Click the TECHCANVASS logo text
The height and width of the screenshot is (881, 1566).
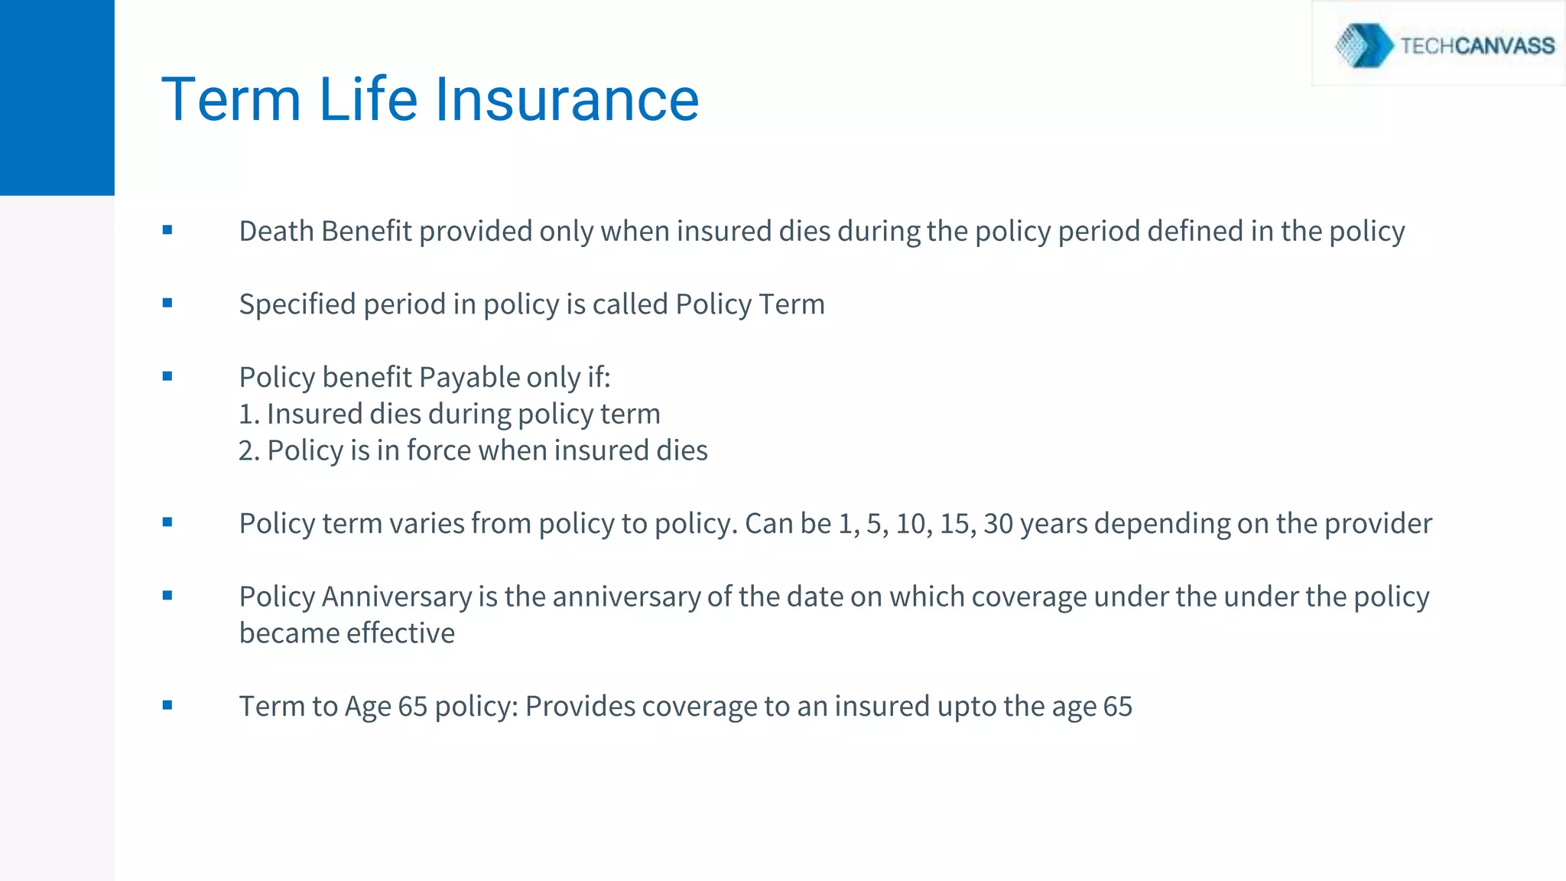(1477, 46)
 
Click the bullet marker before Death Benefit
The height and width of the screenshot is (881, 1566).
(167, 229)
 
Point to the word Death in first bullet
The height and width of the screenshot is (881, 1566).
(276, 231)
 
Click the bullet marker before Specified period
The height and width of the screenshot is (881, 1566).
(167, 303)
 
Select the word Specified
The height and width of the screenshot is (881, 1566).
(297, 304)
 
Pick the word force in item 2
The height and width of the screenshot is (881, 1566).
(438, 450)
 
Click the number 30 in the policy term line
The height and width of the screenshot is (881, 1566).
(998, 524)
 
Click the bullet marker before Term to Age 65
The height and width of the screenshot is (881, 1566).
(167, 705)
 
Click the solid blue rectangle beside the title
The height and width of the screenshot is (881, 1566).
(57, 98)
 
